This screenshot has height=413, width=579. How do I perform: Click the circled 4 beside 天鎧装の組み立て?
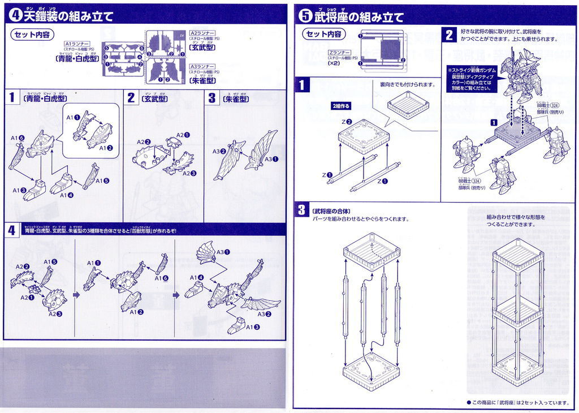(16, 16)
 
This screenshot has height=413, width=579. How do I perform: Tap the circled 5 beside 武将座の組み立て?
(306, 16)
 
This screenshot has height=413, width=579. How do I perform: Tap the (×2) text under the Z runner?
(334, 63)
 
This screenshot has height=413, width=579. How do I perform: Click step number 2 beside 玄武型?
(131, 98)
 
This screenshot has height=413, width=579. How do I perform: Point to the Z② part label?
(347, 122)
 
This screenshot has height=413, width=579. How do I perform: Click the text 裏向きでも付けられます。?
(407, 84)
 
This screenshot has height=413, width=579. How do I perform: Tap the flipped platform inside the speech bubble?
(408, 104)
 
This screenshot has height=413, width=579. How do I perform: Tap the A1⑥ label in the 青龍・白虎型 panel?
(18, 138)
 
